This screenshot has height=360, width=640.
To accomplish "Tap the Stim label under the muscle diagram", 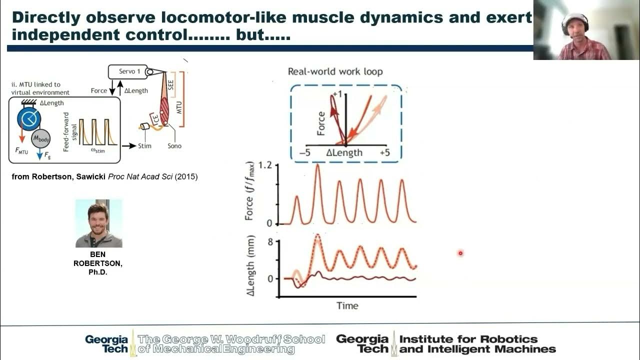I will [145, 146].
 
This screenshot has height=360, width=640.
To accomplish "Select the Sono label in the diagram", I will [174, 146].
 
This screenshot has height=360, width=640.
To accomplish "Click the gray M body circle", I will [41, 138].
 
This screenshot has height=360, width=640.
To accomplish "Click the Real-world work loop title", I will [335, 71].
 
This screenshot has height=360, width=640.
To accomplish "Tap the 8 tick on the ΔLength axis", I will [270, 241].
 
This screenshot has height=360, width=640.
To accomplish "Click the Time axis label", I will [347, 305].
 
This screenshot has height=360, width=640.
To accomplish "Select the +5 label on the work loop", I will [384, 152].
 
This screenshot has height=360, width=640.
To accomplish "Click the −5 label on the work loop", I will [304, 152].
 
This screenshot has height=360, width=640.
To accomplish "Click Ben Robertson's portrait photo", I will [98, 223].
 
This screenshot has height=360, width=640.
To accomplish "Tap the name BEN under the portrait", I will [98, 254].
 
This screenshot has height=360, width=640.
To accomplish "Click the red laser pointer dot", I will [460, 253].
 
